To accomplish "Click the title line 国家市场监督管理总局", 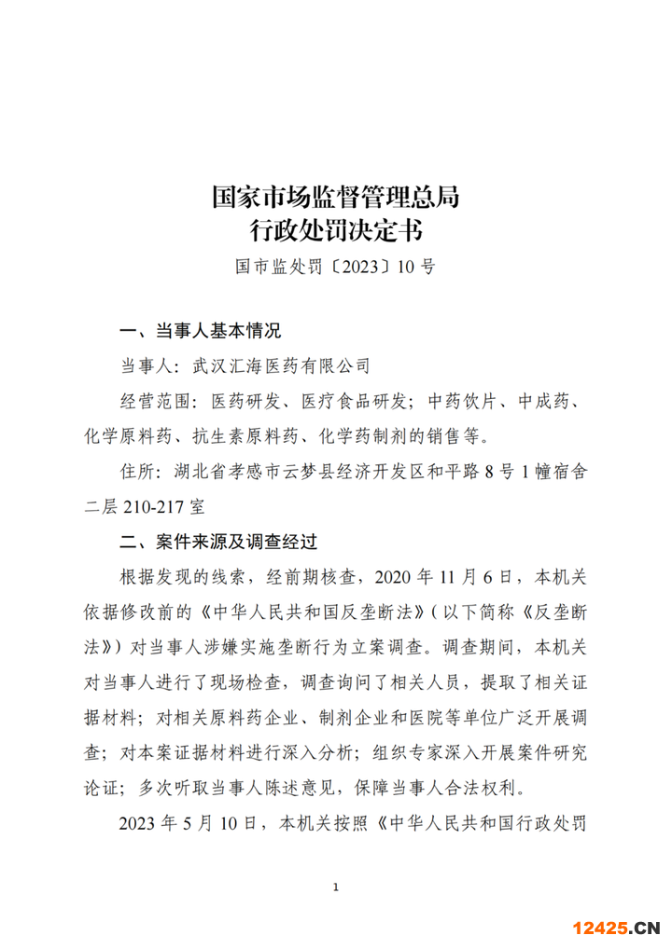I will [335, 197].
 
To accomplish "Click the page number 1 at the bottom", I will [335, 886].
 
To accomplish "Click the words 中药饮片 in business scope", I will [465, 401].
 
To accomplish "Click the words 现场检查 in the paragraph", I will [245, 681].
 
